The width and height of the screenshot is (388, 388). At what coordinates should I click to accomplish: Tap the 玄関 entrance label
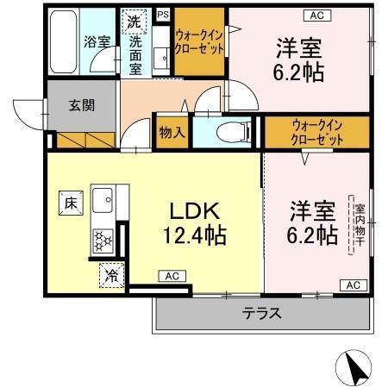[x=82, y=105]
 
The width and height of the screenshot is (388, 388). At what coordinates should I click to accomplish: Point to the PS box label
[x=163, y=14]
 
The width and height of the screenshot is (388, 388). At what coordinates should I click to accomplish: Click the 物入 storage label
[x=172, y=132]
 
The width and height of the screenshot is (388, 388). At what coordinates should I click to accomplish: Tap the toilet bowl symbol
[x=228, y=133]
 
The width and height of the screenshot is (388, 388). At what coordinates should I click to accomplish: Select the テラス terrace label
[x=262, y=313]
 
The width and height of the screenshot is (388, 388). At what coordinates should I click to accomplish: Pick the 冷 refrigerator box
[x=111, y=275]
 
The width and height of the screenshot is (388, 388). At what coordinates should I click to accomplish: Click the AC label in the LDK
[x=170, y=276]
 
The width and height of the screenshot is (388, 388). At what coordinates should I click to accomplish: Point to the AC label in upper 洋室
[x=314, y=14]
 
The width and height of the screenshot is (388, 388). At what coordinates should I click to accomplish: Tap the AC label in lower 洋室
[x=352, y=284]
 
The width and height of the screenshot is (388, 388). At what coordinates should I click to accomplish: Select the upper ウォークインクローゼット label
[x=199, y=41]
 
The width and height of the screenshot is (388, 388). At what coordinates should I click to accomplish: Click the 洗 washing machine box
[x=135, y=19]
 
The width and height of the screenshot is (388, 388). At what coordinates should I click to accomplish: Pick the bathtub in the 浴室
[x=62, y=41]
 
